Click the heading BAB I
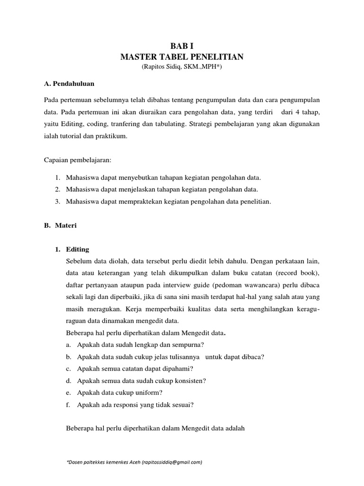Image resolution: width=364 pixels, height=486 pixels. [182, 46]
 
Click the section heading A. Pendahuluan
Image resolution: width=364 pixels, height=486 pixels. [69, 84]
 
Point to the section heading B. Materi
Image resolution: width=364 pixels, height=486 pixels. [60, 226]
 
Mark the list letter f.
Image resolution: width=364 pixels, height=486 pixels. [69, 405]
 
